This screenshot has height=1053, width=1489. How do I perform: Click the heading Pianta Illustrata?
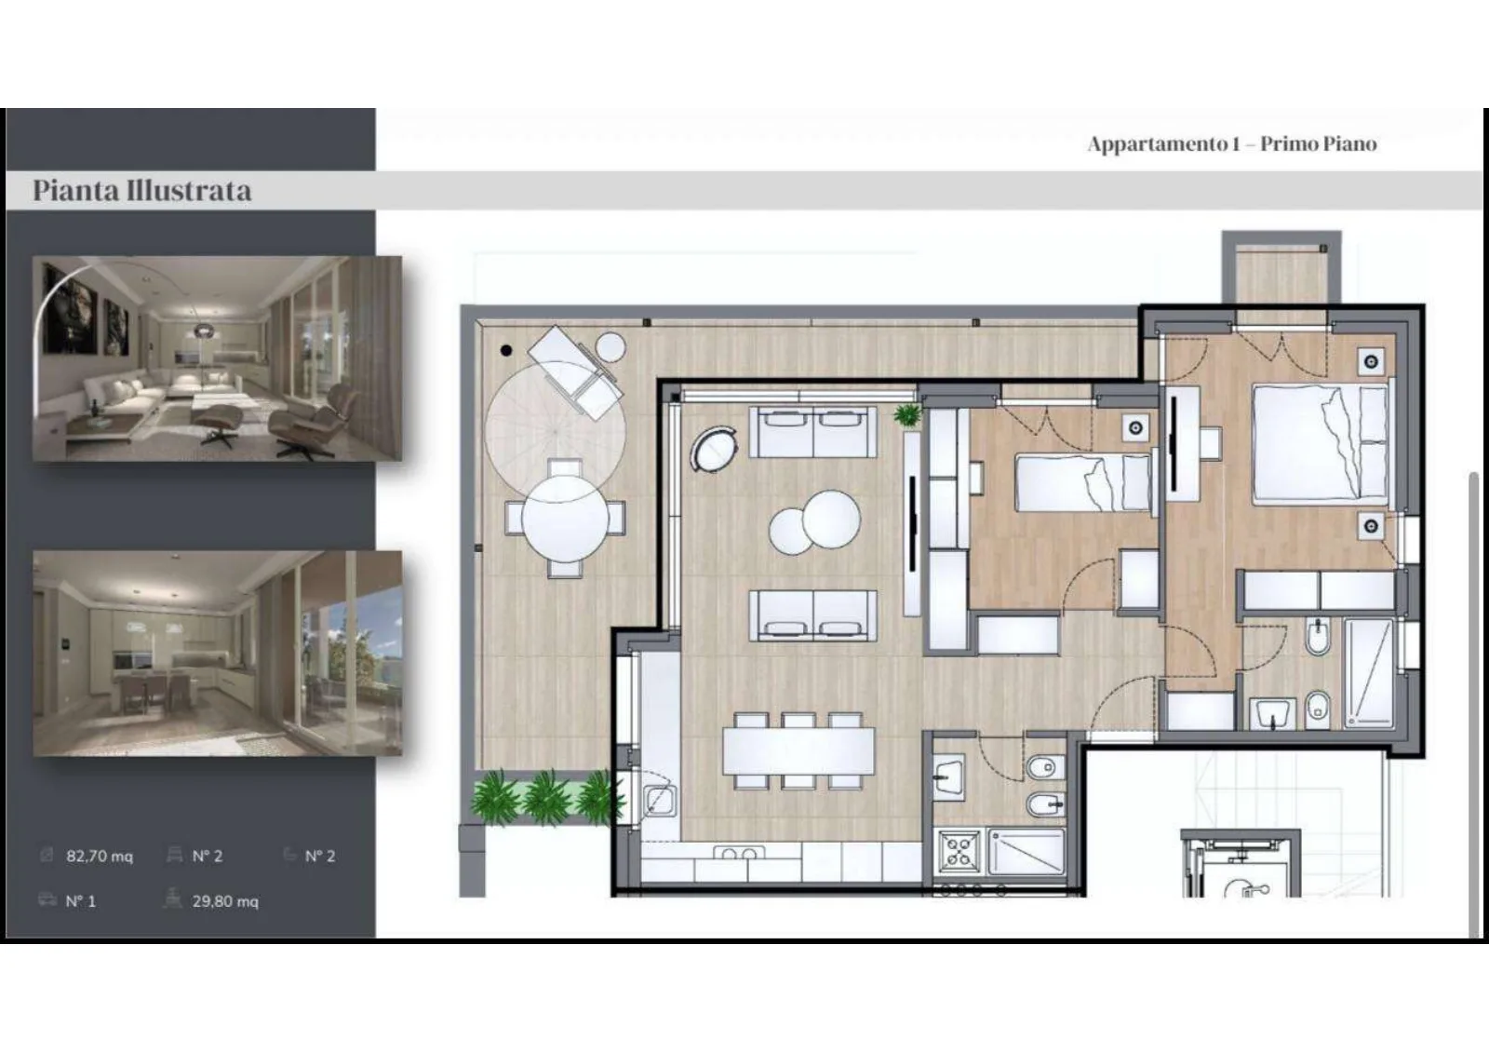pyautogui.click(x=142, y=191)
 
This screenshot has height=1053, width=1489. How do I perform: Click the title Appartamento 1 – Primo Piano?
pyautogui.click(x=1232, y=143)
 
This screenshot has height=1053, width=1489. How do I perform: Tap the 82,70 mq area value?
pyautogui.click(x=99, y=857)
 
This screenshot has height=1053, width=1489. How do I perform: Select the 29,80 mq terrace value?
pyautogui.click(x=225, y=901)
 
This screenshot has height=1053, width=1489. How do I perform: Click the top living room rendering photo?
pyautogui.click(x=218, y=358)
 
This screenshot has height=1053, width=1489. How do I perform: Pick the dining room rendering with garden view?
pyautogui.click(x=218, y=654)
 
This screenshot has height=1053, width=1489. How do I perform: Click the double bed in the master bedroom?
pyautogui.click(x=1321, y=443)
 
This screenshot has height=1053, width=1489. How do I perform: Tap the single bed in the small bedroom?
pyautogui.click(x=1083, y=482)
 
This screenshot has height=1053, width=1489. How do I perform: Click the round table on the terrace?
pyautogui.click(x=565, y=519)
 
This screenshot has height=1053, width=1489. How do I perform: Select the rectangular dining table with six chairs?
pyautogui.click(x=798, y=751)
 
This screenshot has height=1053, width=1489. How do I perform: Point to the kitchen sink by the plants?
pyautogui.click(x=659, y=800)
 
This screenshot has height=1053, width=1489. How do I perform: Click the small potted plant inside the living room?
pyautogui.click(x=906, y=415)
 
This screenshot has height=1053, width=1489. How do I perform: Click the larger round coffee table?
pyautogui.click(x=831, y=520)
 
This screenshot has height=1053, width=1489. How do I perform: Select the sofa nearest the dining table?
pyautogui.click(x=812, y=616)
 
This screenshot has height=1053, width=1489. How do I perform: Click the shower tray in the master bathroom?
pyautogui.click(x=1369, y=673)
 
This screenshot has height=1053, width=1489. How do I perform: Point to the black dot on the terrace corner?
pyautogui.click(x=506, y=350)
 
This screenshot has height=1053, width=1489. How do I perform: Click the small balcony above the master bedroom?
pyautogui.click(x=1281, y=273)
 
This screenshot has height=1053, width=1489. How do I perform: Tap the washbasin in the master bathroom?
pyautogui.click(x=1272, y=714)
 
